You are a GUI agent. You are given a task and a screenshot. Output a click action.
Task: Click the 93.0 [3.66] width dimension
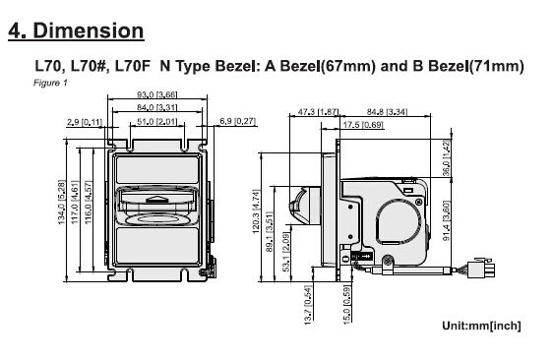click(156, 94)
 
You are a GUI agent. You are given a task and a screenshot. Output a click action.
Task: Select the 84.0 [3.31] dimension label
click(156, 107)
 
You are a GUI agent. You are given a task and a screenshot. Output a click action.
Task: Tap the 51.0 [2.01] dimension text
click(156, 122)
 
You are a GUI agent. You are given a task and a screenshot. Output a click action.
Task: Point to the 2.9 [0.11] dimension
click(85, 122)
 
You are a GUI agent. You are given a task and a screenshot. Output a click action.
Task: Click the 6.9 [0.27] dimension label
click(237, 121)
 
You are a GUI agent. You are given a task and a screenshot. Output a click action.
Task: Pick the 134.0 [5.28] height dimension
click(61, 202)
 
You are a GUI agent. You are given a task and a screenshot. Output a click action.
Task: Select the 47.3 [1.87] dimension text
click(318, 112)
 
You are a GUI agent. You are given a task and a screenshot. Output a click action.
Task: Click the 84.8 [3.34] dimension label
click(387, 112)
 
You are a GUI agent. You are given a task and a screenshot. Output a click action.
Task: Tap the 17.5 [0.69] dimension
click(363, 125)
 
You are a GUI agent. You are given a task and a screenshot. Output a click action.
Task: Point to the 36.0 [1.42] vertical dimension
click(447, 158)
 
